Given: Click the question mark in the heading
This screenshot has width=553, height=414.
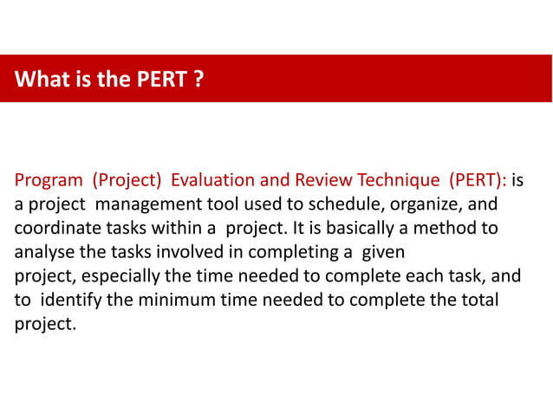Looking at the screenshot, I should coord(198,81).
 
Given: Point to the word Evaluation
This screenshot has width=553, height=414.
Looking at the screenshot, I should coord(211,181).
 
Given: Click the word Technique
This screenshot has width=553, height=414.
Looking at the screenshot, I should coord(398,181).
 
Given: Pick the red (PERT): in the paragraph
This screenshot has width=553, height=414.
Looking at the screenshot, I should coord(478,181).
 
